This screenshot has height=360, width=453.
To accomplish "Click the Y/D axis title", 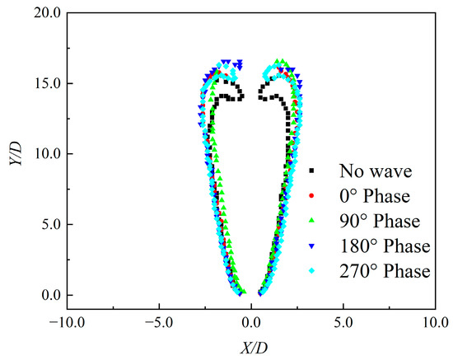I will (14, 154).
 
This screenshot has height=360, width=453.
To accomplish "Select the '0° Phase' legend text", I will (376, 197).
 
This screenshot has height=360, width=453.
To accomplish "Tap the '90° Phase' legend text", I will (380, 222).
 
